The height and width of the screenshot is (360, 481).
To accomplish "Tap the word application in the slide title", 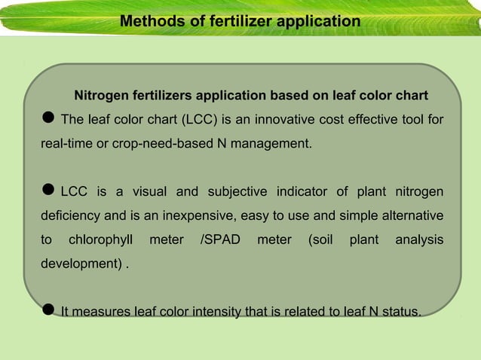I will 318,21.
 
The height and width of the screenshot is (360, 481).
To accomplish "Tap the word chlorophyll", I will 100,240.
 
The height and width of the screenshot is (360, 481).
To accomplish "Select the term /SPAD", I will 220,240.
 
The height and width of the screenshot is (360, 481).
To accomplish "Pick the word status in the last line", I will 400,312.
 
